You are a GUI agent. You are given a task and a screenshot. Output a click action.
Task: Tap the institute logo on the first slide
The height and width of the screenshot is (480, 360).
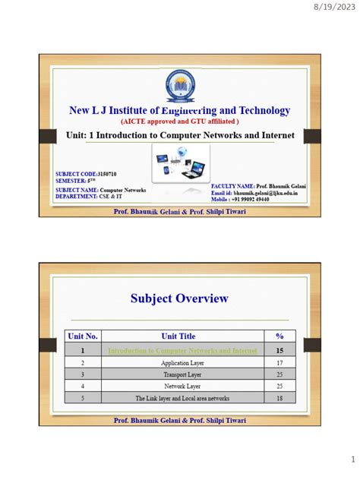click(x=180, y=84)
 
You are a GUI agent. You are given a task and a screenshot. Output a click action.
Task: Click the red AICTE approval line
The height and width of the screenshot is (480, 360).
click(x=180, y=121)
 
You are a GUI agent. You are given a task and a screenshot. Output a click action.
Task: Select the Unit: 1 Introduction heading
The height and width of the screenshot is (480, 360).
click(x=180, y=135)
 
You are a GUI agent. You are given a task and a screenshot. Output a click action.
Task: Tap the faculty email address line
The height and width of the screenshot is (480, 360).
click(x=254, y=193)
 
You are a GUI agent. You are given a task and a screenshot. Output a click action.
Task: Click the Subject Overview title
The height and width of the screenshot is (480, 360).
click(x=180, y=298)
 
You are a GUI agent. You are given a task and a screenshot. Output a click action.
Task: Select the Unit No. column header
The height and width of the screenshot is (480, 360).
click(x=84, y=336)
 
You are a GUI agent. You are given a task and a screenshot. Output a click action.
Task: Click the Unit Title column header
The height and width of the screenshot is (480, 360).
click(x=178, y=336)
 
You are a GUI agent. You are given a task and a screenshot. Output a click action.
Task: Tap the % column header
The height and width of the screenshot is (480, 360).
click(x=279, y=336)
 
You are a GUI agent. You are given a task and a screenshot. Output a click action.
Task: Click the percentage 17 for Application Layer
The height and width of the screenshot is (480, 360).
click(x=279, y=364)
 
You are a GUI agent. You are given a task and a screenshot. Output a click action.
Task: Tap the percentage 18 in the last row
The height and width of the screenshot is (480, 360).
click(x=279, y=398)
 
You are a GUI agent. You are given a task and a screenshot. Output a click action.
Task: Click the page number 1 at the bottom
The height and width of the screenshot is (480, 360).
click(x=352, y=460)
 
